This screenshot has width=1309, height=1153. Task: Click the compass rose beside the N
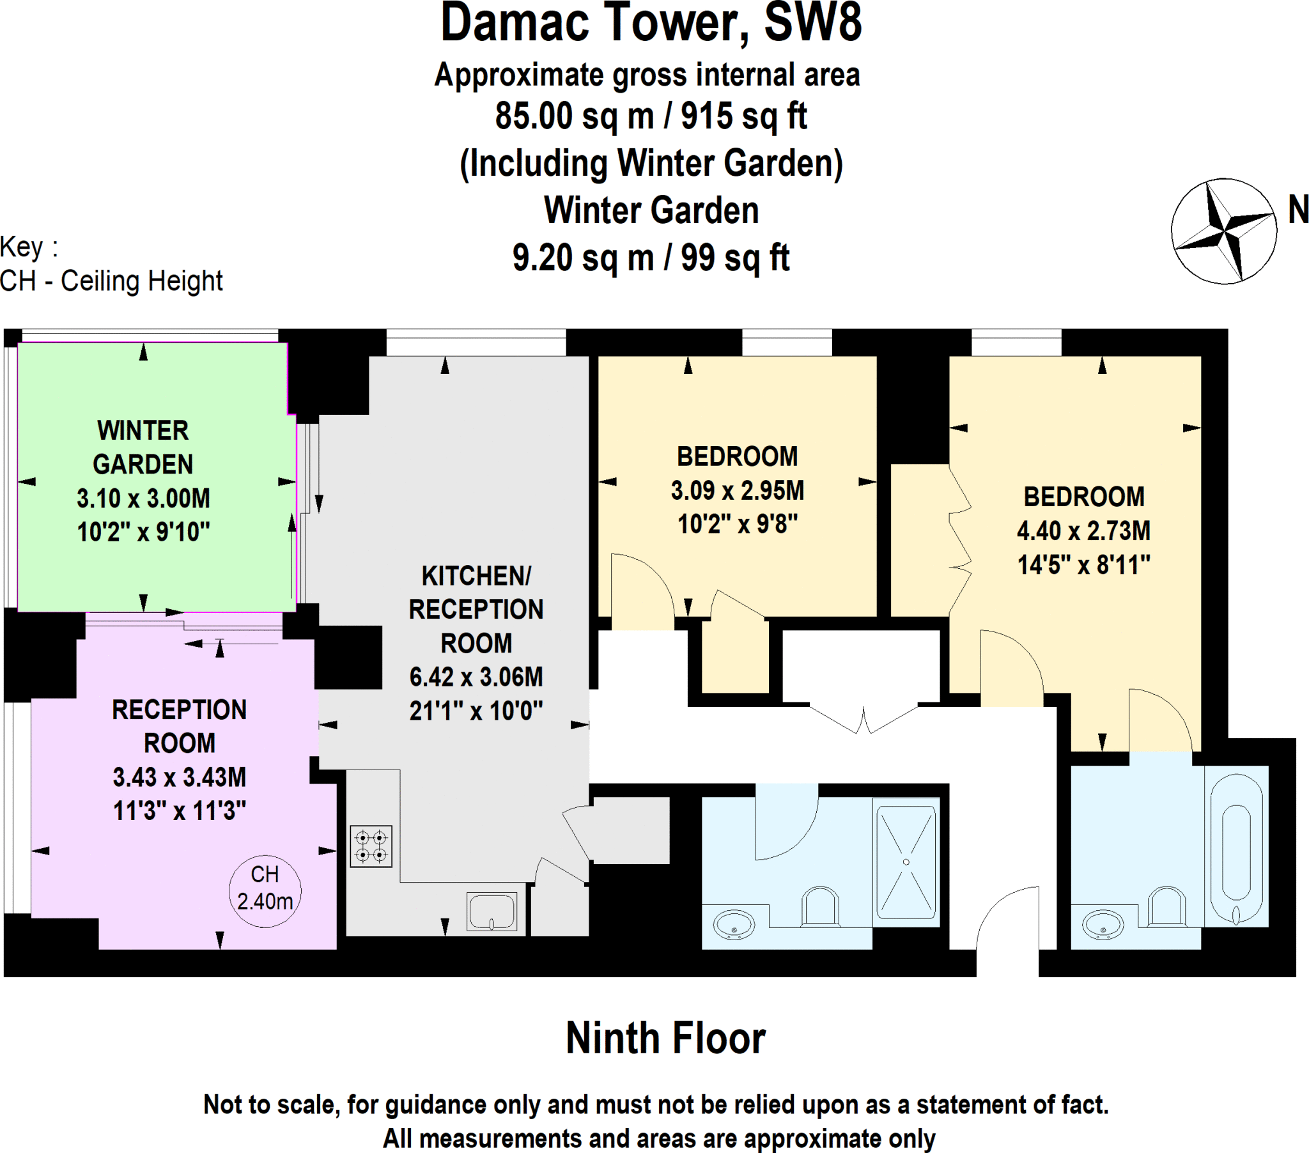click(x=1224, y=231)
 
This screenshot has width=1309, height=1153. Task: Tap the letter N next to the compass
click(x=1298, y=210)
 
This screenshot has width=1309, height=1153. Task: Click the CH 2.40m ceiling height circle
click(x=265, y=890)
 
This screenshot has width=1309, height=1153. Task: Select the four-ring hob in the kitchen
click(x=371, y=847)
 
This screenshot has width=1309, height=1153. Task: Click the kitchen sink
click(x=492, y=911)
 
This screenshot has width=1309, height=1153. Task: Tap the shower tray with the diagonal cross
click(x=906, y=862)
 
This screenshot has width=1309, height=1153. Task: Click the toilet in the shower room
click(x=821, y=906)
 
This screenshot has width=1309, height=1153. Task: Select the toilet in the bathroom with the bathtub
click(x=1167, y=906)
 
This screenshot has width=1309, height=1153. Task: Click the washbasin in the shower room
click(x=734, y=925)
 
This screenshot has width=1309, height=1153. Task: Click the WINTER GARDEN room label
click(x=143, y=447)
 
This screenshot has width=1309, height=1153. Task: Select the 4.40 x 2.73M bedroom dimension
click(x=1083, y=531)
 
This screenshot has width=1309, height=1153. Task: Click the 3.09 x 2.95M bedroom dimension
click(x=737, y=491)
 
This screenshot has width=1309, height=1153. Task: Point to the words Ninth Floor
click(x=665, y=1039)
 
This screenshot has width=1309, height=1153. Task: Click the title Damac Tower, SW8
click(x=651, y=23)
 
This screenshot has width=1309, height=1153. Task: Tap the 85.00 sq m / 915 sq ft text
click(x=651, y=116)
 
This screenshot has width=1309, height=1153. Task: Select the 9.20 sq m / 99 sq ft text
click(x=651, y=258)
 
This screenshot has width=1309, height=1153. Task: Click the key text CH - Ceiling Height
click(x=111, y=281)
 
